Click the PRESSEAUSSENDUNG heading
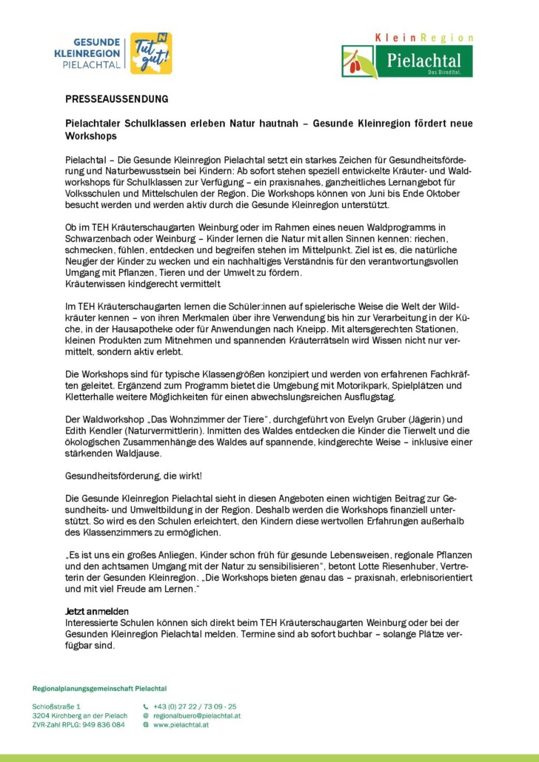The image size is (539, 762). click(117, 98)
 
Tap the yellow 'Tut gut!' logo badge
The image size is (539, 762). click(151, 53)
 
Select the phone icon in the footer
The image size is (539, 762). click(146, 707)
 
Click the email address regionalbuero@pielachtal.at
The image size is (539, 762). click(196, 716)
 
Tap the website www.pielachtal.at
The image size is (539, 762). click(181, 725)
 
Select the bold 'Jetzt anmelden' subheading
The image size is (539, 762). click(97, 611)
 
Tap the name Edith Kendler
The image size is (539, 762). click(96, 429)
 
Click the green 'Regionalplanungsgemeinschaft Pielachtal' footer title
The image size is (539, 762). click(99, 689)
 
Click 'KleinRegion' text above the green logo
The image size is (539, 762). click(424, 38)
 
